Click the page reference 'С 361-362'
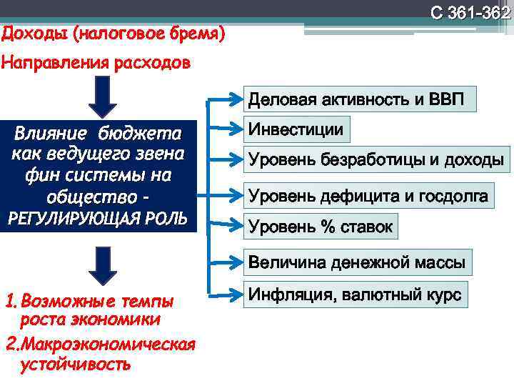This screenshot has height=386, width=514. pyautogui.click(x=470, y=13)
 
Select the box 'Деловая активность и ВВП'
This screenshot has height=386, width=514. pyautogui.click(x=356, y=99)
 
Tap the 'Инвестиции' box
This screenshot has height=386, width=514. pyautogui.click(x=296, y=130)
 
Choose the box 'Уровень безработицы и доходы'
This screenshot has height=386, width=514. pyautogui.click(x=376, y=160)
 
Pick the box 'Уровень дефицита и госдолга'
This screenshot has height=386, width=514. pyautogui.click(x=368, y=195)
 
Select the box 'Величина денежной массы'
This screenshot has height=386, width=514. pyautogui.click(x=356, y=263)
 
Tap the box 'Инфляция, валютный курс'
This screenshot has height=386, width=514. pyautogui.click(x=355, y=295)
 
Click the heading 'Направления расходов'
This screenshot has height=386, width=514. pyautogui.click(x=96, y=63)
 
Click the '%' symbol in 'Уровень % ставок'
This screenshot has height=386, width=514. pyautogui.click(x=328, y=227)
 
